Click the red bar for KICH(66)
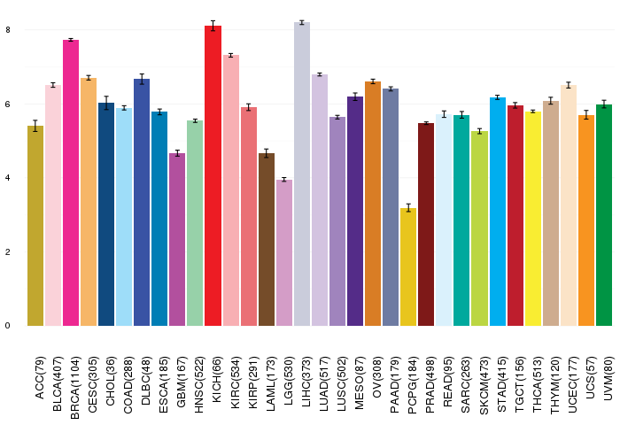coord(213,177)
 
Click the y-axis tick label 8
coord(7,30)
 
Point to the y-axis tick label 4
coord(7,178)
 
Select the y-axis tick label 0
coord(7,326)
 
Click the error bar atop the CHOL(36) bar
coord(106,103)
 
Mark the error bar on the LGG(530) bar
coord(283,180)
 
